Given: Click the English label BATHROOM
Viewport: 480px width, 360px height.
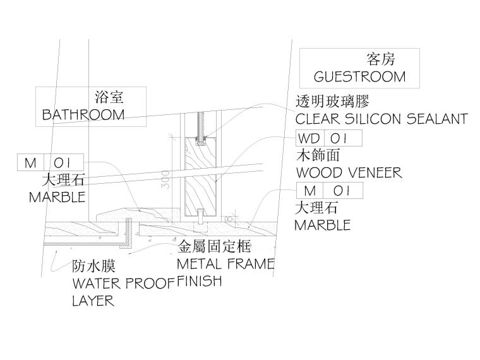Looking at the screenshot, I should [83, 115].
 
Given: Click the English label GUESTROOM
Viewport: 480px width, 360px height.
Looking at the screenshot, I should [359, 77].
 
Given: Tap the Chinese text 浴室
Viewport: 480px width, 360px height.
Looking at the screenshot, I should [109, 97].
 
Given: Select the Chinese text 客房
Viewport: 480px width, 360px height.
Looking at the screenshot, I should [381, 59].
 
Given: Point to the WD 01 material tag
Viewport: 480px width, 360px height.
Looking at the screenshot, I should [329, 138].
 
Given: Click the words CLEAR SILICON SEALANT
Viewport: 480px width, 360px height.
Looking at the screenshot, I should [381, 119].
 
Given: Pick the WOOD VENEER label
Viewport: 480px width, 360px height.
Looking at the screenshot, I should [348, 172].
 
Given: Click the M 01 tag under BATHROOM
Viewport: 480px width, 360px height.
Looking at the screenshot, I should [50, 163].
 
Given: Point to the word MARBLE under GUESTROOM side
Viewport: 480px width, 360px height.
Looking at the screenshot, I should [322, 225].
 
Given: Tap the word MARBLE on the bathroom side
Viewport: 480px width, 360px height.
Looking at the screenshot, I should [57, 197].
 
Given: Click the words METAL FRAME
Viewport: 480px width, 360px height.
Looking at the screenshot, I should [225, 263].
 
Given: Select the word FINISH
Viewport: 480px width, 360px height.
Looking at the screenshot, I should [200, 280].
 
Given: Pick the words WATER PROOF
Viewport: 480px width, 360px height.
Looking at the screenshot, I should [123, 283].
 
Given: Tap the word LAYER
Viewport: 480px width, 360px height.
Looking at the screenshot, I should [93, 301].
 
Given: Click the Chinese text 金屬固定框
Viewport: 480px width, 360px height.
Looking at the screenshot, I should [215, 246].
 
